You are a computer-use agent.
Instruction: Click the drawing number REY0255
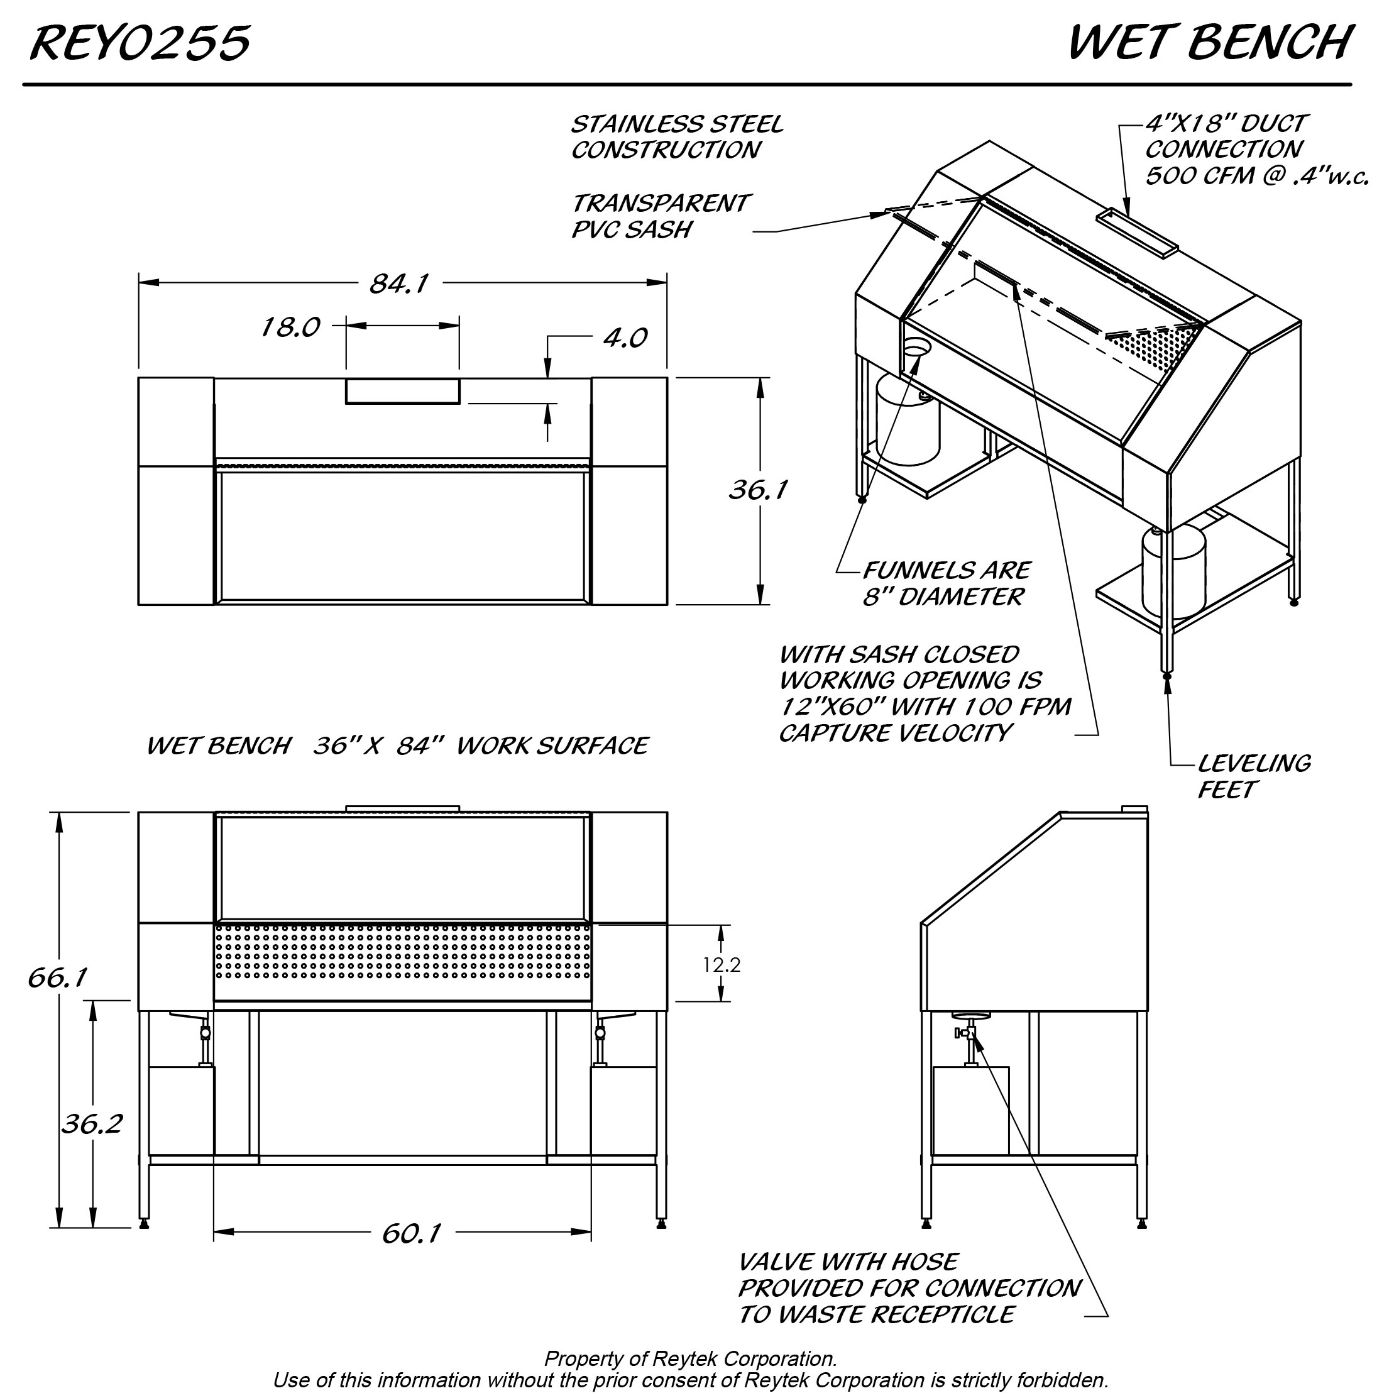click(x=140, y=43)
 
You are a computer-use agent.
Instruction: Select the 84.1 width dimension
click(x=398, y=283)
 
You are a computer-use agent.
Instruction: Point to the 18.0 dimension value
click(x=289, y=327)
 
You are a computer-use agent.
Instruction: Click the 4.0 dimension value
click(x=625, y=338)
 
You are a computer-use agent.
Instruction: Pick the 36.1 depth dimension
click(x=757, y=490)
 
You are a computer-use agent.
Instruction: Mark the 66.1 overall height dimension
click(x=58, y=977)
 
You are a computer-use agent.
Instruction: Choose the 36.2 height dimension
click(x=92, y=1124)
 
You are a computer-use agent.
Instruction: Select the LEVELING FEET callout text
click(x=1253, y=776)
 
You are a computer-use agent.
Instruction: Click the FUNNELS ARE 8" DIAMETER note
click(x=945, y=584)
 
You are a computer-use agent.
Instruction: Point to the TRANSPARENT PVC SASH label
click(x=660, y=216)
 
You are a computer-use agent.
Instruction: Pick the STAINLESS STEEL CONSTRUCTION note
click(x=676, y=137)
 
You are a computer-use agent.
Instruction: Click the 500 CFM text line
click(x=1256, y=176)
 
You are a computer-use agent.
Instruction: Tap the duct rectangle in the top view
click(x=402, y=391)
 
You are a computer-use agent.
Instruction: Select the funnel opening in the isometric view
click(x=916, y=349)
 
